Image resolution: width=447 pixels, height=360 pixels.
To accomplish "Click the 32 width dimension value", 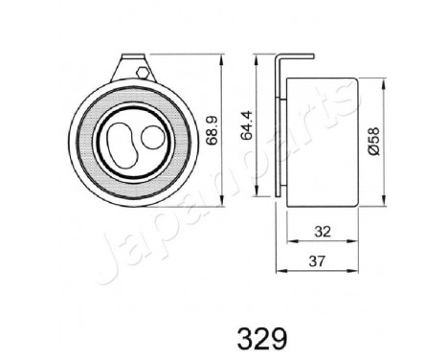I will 324,230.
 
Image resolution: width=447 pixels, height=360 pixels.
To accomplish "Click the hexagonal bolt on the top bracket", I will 141,73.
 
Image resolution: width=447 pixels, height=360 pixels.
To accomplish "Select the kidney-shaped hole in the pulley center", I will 121,142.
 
